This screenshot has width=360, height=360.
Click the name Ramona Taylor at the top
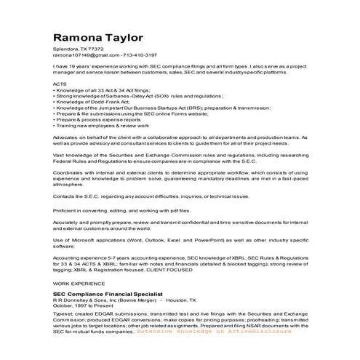(97, 37)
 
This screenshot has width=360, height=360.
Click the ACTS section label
(60, 84)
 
